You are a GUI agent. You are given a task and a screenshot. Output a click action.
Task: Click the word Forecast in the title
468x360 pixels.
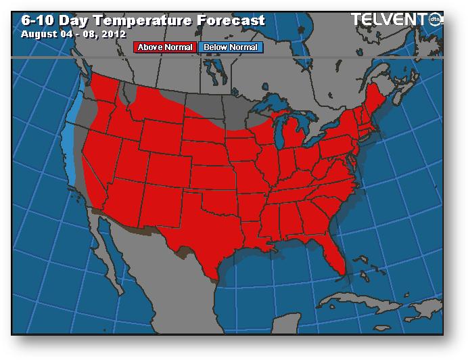(x=226, y=20)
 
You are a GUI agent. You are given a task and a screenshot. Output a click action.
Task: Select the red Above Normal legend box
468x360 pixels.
(x=165, y=47)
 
